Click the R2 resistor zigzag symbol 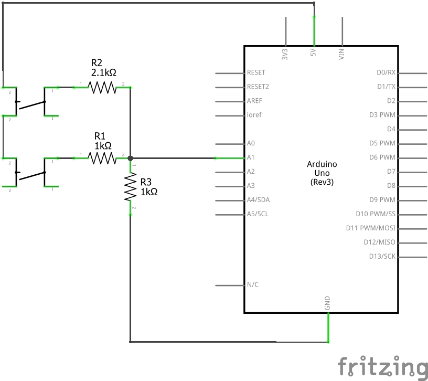[102, 87]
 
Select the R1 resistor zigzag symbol [102, 157]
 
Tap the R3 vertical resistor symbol [130, 188]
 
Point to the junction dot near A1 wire [130, 157]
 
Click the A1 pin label [251, 157]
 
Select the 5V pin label [313, 54]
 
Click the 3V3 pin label [285, 54]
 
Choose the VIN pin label [341, 54]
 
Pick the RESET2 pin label [258, 87]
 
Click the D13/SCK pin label [382, 257]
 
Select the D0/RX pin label [386, 72]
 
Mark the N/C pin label [252, 285]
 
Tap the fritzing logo [382, 366]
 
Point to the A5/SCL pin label [257, 214]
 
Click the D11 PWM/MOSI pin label [370, 228]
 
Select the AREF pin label [254, 101]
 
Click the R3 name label [146, 182]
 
